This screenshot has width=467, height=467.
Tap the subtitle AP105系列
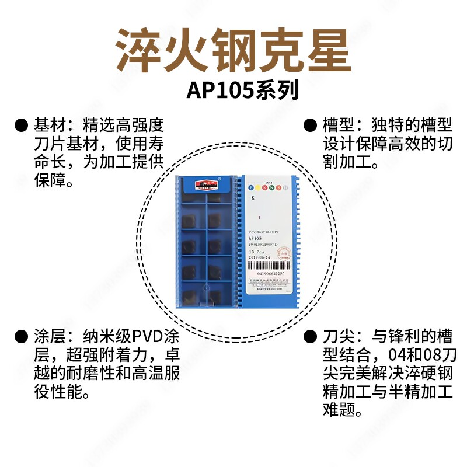click(242, 90)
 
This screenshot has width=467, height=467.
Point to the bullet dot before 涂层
click(22, 337)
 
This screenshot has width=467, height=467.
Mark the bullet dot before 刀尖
click(309, 337)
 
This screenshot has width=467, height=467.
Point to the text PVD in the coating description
click(149, 337)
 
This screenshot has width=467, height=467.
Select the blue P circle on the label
click(251, 187)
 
